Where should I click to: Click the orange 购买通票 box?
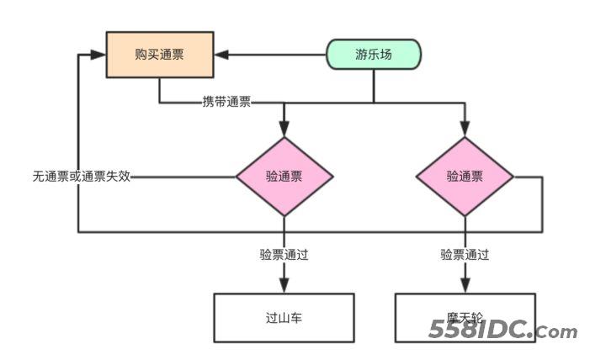click(159, 56)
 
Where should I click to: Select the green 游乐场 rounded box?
click(374, 56)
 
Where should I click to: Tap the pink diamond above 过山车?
click(284, 177)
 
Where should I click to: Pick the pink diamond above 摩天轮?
click(465, 177)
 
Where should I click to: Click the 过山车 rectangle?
click(284, 318)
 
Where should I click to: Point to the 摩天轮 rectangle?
click(465, 318)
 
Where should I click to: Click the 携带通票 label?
click(226, 103)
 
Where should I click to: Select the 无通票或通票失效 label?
click(81, 177)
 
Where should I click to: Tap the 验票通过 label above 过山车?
click(284, 254)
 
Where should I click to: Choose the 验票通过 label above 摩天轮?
click(465, 254)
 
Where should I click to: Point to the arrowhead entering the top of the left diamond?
click(284, 129)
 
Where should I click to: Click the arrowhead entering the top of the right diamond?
click(465, 129)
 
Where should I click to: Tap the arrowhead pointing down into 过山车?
click(284, 286)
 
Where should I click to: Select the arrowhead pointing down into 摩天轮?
click(465, 286)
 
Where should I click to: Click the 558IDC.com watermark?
click(502, 331)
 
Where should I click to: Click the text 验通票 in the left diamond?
click(284, 177)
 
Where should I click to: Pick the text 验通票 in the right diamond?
click(465, 177)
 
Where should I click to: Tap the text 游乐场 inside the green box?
click(374, 56)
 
